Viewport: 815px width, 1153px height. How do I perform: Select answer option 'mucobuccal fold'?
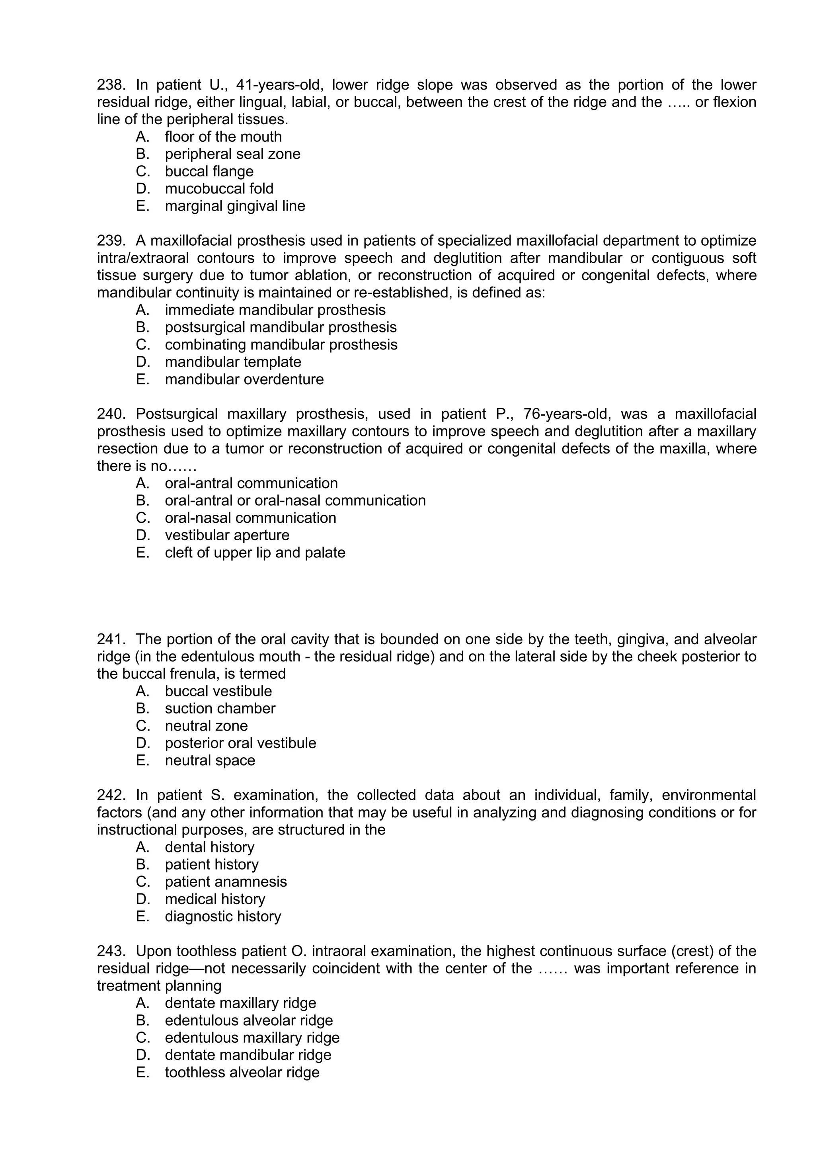coord(219,189)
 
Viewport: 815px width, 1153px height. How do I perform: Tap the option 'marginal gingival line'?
coord(235,206)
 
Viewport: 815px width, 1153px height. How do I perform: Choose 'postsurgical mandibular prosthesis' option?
coord(281,327)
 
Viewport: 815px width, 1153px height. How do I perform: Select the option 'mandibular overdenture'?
coord(244,379)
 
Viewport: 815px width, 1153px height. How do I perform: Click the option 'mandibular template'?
coord(233,362)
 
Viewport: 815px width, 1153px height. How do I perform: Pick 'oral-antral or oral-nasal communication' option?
coord(295,501)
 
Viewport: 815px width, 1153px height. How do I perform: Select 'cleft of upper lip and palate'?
coord(255,553)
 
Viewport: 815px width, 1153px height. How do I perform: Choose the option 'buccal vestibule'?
coord(218,692)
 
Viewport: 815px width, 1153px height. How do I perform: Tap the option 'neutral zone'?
coord(206,726)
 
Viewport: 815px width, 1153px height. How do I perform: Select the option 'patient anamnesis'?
coord(226,882)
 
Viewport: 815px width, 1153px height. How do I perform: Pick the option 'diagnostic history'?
coord(223,917)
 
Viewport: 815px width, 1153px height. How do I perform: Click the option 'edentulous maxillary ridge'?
coord(252,1038)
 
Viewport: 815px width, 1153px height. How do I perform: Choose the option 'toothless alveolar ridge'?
coord(242,1073)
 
